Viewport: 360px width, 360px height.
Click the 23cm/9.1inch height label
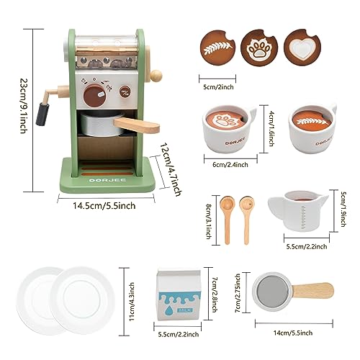[x=24, y=105]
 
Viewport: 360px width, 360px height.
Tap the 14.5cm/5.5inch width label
[x=104, y=206]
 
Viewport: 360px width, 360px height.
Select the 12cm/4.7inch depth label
[x=171, y=169]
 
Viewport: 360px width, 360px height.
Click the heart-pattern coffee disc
[x=302, y=48]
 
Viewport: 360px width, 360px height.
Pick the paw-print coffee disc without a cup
[x=259, y=48]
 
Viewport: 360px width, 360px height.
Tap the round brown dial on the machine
[x=95, y=96]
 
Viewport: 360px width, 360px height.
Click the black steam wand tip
[x=42, y=114]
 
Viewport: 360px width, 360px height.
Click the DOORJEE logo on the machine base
[x=107, y=180]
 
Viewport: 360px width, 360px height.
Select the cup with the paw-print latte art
[x=228, y=128]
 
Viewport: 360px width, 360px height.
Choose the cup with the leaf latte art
[x=312, y=128]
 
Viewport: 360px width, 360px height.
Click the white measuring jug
[x=298, y=211]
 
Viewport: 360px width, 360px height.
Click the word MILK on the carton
[x=185, y=310]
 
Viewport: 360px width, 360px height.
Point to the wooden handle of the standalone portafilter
[x=312, y=290]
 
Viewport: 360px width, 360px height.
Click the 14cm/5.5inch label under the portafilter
[x=293, y=333]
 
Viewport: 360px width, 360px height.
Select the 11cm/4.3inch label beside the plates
[x=132, y=302]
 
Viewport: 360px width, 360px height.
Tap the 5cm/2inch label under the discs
[x=218, y=87]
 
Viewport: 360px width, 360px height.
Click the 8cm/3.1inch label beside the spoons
[x=209, y=221]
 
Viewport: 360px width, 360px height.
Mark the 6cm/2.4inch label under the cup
[x=230, y=165]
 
